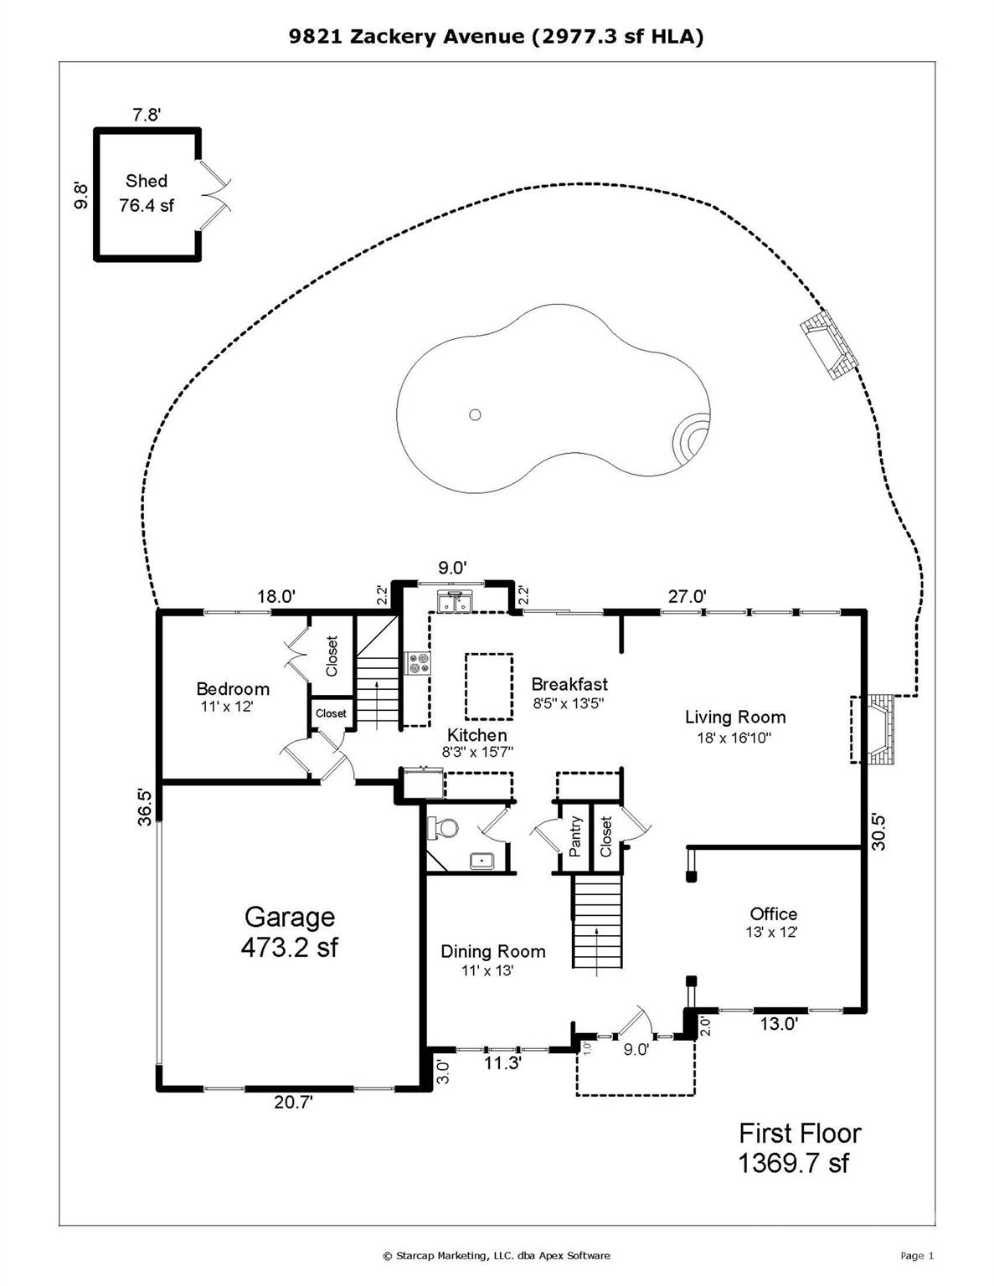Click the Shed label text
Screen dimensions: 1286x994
pyautogui.click(x=147, y=181)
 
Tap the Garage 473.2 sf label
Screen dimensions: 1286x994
pyautogui.click(x=289, y=932)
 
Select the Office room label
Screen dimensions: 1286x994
pyautogui.click(x=773, y=914)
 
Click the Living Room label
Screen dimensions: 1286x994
pyautogui.click(x=735, y=718)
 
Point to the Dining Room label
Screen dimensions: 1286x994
pyautogui.click(x=492, y=952)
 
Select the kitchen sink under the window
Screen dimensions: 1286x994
pyautogui.click(x=455, y=601)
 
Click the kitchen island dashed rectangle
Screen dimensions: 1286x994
pyautogui.click(x=489, y=687)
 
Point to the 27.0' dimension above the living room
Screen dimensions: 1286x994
pyautogui.click(x=687, y=596)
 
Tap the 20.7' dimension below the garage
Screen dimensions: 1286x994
pyautogui.click(x=293, y=1103)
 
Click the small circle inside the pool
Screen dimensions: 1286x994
pyautogui.click(x=475, y=414)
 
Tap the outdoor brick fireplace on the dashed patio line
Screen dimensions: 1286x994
pyautogui.click(x=828, y=345)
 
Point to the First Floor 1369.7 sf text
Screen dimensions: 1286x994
pyautogui.click(x=799, y=1148)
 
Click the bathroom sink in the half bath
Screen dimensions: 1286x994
pyautogui.click(x=482, y=860)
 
